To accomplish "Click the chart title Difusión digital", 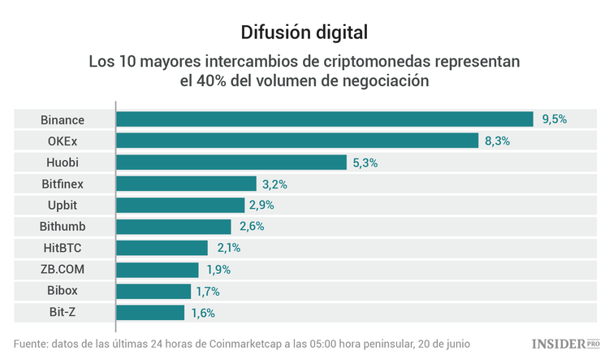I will pos(304,33).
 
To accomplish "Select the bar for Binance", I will pos(324,119).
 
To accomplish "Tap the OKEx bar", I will pos(297,141).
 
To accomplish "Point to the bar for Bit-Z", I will pos(150,312).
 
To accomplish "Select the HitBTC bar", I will pos(162,248).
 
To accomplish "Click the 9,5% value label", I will pos(554,119).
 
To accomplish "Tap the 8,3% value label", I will pos(497,141).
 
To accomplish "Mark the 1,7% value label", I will pos(206,291).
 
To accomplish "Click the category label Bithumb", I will pos(63,227).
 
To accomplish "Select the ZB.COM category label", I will pos(63,270).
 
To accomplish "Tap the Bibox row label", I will pos(63,291).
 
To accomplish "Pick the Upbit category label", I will pos(63,206).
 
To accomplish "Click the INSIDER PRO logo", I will pos(565,344).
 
